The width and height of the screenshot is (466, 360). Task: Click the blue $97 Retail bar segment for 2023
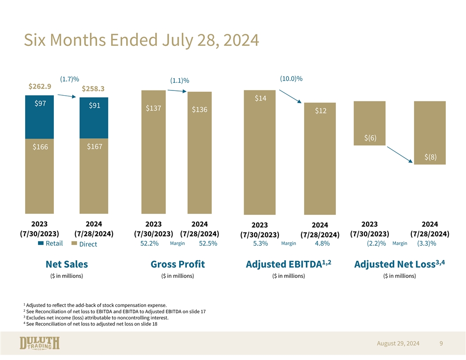click(39, 117)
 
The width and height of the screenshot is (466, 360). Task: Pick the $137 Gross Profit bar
click(153, 152)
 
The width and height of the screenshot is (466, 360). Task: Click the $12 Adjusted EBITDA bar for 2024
click(320, 159)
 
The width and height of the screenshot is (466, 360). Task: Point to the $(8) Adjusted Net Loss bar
click(430, 133)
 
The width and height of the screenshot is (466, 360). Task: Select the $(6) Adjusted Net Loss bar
click(369, 124)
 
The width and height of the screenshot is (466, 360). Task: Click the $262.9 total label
click(40, 86)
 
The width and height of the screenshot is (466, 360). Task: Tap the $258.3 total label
click(93, 89)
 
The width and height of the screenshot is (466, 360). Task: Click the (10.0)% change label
click(291, 79)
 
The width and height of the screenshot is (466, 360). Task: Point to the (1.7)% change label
click(69, 79)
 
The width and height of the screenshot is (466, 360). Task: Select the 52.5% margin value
click(208, 244)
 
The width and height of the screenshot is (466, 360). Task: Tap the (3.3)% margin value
click(426, 244)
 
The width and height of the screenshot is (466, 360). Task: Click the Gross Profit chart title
click(177, 264)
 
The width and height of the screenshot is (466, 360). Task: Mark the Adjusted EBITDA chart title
click(288, 264)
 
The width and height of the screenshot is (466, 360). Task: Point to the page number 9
click(441, 343)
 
